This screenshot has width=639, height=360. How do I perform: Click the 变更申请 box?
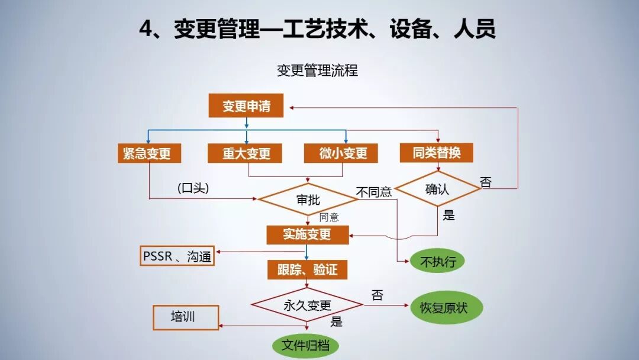pyautogui.click(x=246, y=107)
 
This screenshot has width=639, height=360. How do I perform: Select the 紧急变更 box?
pyautogui.click(x=148, y=153)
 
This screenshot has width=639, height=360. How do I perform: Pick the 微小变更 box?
pyautogui.click(x=343, y=153)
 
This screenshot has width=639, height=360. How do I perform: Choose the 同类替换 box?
pyautogui.click(x=437, y=152)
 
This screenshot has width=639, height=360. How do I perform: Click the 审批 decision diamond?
pyautogui.click(x=308, y=200)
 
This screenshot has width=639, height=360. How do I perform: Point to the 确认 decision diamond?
pyautogui.click(x=437, y=189)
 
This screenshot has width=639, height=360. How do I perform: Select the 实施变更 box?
pyautogui.click(x=307, y=234)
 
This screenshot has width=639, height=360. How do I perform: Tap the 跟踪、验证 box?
pyautogui.click(x=307, y=270)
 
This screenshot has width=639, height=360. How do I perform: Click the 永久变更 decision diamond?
pyautogui.click(x=307, y=306)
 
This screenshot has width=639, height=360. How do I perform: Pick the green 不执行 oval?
pyautogui.click(x=437, y=261)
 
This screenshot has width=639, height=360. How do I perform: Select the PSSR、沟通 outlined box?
pyautogui.click(x=177, y=256)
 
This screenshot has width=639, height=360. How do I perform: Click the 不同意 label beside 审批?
pyautogui.click(x=373, y=192)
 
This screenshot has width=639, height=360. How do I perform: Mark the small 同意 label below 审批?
pyautogui.click(x=329, y=217)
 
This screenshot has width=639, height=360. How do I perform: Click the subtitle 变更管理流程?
pyautogui.click(x=317, y=70)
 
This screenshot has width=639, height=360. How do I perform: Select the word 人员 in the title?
pyautogui.click(x=474, y=29)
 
